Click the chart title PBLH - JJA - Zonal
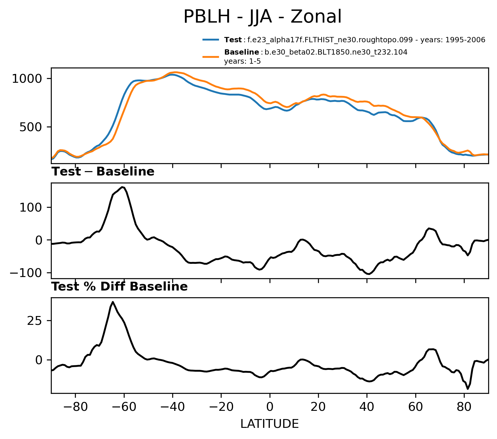[262, 17]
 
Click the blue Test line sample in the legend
[211, 40]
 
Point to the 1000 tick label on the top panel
[29, 79]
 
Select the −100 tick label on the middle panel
[28, 273]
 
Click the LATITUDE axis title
[270, 424]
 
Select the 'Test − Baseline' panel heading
[103, 172]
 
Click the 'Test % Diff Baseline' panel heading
[120, 287]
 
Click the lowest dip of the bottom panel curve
[468, 389]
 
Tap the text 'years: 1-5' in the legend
[242, 62]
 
